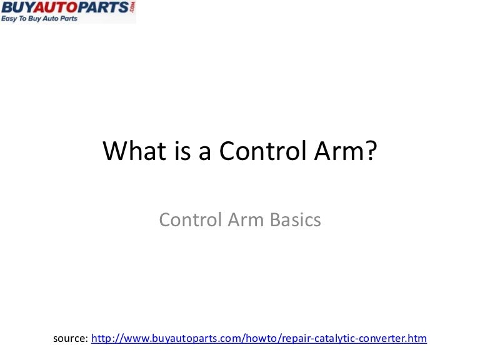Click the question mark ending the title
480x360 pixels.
pyautogui.click(x=373, y=151)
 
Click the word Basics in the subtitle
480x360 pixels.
pyautogui.click(x=294, y=220)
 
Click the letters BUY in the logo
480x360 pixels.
pyautogui.click(x=17, y=7)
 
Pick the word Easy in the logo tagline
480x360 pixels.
pyautogui.click(x=11, y=19)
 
